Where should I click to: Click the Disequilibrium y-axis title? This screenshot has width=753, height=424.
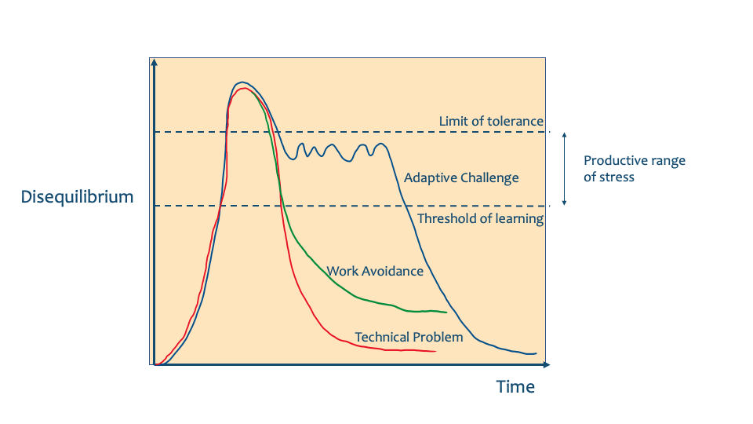[77, 197]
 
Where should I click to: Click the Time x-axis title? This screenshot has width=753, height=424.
[515, 387]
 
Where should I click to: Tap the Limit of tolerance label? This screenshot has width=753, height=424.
[491, 121]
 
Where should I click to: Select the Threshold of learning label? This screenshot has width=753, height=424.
[480, 219]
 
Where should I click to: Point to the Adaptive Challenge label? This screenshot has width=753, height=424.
[461, 178]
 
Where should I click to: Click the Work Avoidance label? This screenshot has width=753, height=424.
[375, 272]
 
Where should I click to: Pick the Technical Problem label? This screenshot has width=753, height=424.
[409, 338]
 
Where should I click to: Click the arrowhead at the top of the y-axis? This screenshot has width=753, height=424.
[156, 62]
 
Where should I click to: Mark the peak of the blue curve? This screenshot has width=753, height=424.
[242, 82]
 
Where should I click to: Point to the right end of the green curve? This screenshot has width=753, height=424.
[446, 313]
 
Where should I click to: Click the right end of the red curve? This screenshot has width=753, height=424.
[435, 352]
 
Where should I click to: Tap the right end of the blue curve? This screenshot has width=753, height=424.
[537, 353]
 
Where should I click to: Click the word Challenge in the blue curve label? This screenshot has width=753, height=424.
[489, 178]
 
